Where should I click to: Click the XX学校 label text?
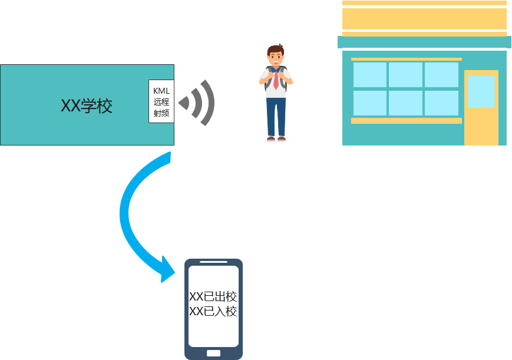[x=87, y=106]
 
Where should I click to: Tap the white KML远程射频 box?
[x=161, y=101]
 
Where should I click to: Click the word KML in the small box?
[x=161, y=91]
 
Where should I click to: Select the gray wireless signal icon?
[x=197, y=103]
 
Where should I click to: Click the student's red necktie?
[x=276, y=80]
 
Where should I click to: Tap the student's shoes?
[x=276, y=139]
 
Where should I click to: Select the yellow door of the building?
[x=481, y=127]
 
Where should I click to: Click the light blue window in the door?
[x=481, y=91]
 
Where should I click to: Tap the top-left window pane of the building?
[x=370, y=75]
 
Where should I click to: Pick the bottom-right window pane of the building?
[x=441, y=103]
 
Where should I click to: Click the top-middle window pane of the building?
[x=405, y=75]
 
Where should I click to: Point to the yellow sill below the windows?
[x=406, y=121]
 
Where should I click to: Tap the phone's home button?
[x=213, y=353]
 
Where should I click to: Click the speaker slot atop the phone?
[x=213, y=262]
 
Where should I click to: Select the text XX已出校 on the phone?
[x=213, y=297]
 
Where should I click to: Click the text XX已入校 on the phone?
[x=213, y=312]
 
